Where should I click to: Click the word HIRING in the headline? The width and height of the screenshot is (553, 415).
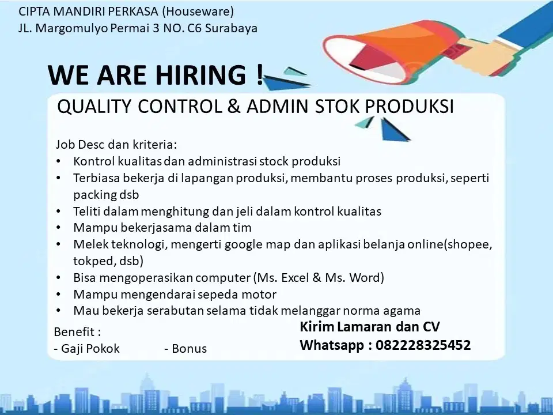click(x=199, y=76)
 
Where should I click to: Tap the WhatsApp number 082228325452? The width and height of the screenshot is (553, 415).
click(x=423, y=345)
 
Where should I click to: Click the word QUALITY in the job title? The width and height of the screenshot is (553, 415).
click(x=92, y=107)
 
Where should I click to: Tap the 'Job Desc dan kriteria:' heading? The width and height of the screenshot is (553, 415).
click(x=116, y=144)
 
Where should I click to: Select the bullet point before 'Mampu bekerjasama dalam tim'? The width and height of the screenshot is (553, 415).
click(x=60, y=228)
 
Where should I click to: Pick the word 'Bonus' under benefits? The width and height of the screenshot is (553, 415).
click(x=189, y=349)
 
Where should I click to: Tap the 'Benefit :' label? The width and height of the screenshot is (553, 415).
click(x=77, y=333)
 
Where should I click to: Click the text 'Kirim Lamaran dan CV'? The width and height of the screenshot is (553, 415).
click(x=370, y=327)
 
